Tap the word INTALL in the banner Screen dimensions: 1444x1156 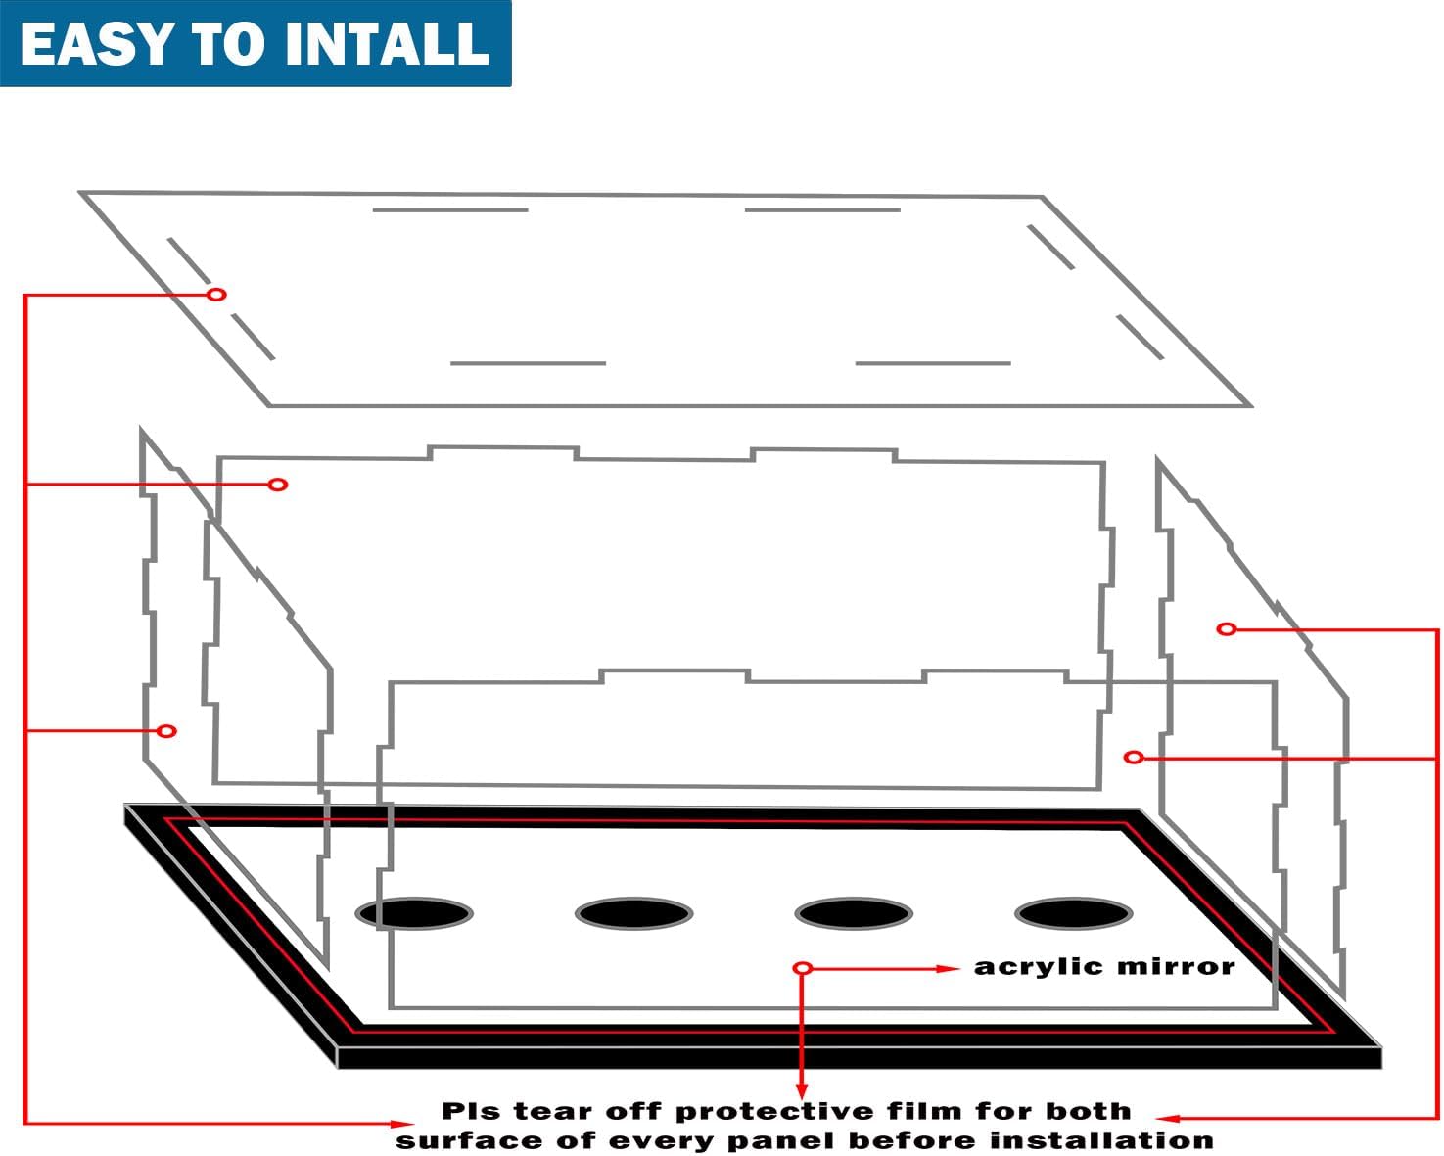387,44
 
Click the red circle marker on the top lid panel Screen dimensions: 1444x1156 216,295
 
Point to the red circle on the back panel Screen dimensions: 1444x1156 278,485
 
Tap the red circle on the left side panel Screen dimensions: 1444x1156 166,731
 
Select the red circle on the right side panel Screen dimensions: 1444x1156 1227,629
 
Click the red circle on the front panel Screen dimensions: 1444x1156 1134,758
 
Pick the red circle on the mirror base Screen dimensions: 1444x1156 803,968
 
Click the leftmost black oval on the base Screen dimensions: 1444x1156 414,913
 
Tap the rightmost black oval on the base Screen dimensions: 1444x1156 1074,913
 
